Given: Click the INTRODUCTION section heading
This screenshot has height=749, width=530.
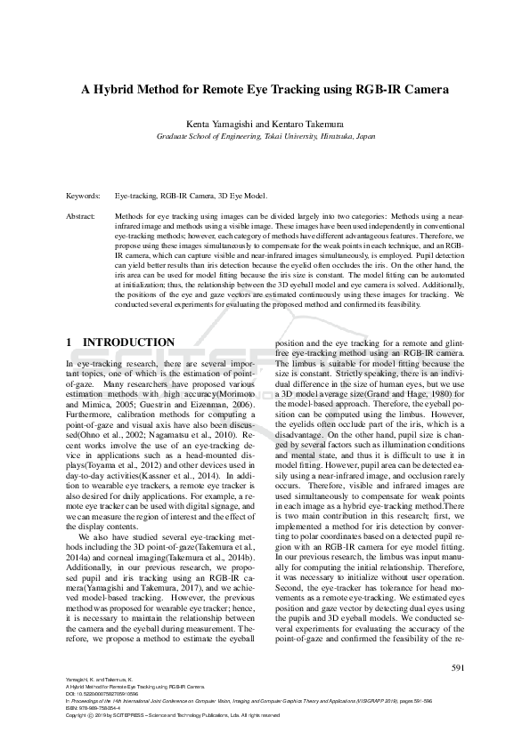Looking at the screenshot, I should point(129,342).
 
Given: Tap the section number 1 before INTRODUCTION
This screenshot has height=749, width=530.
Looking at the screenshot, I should point(70,342).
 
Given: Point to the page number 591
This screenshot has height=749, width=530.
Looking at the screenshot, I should point(460,667).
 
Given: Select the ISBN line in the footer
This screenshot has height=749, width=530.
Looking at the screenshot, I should point(94,708).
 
